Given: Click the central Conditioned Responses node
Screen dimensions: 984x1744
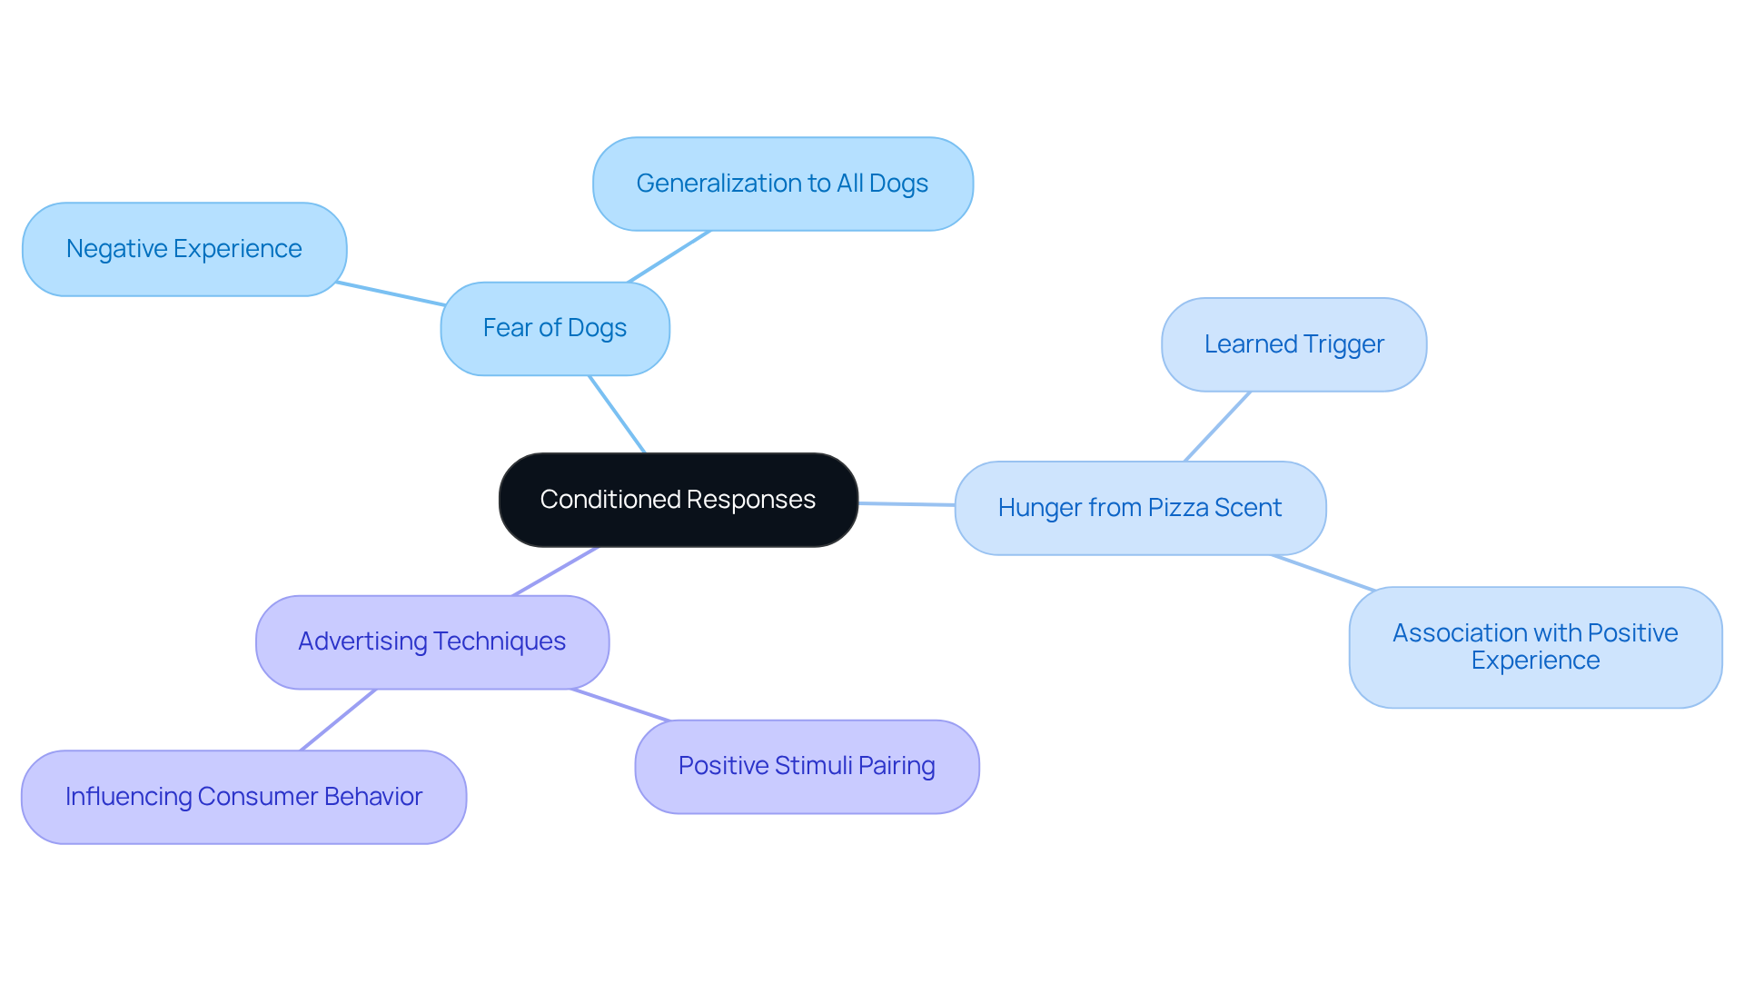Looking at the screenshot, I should (x=678, y=500).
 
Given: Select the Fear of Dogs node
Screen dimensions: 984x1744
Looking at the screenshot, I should (x=554, y=328).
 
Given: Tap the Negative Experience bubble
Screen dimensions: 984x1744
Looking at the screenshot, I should (x=183, y=249).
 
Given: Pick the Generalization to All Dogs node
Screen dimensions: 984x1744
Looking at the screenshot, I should (x=782, y=184).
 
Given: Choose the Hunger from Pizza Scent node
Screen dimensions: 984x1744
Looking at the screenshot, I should (x=1139, y=508).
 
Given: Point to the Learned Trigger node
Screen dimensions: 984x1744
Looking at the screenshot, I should (x=1293, y=344).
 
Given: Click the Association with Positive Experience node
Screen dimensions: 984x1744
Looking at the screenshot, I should (x=1535, y=647).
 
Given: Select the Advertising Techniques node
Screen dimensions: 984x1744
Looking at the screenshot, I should (x=431, y=641).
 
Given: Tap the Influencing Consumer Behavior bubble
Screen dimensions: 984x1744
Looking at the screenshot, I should (x=243, y=797).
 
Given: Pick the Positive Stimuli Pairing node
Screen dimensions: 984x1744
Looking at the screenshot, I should (x=807, y=766).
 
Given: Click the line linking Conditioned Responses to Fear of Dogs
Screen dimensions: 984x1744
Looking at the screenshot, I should (x=617, y=414).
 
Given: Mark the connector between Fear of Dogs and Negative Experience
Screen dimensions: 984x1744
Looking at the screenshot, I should (x=391, y=293).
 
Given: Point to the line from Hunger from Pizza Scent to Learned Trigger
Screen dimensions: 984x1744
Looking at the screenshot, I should (x=1217, y=426).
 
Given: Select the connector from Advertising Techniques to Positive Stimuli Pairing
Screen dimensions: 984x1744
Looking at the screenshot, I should (x=620, y=705).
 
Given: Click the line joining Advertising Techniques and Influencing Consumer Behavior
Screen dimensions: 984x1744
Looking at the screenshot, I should (x=338, y=720).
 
